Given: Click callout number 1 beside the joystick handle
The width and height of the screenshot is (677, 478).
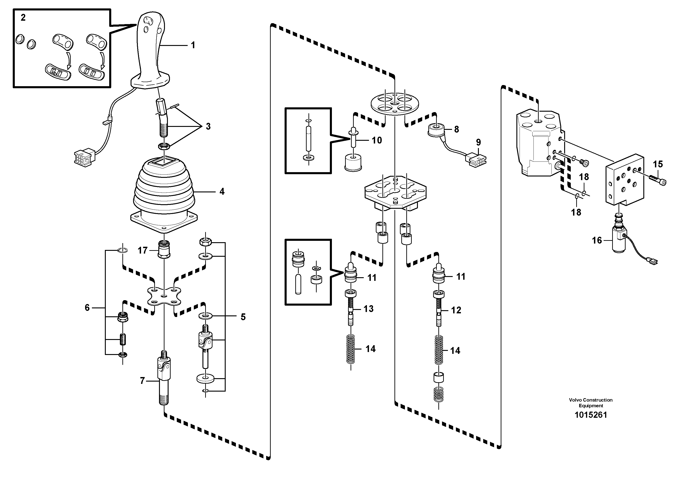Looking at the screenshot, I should (193, 45).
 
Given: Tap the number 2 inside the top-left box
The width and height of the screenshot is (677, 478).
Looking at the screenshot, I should (23, 18).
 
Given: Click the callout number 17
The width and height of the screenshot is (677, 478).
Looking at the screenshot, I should (143, 251).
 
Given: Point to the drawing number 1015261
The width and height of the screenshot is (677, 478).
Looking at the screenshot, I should (591, 415).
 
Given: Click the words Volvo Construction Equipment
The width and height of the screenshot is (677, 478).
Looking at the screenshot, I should (591, 403).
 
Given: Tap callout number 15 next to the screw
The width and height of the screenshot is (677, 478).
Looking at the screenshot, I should (658, 164).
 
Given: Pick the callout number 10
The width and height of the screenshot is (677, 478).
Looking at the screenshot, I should (376, 140).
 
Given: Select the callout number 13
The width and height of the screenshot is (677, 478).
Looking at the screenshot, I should (369, 309).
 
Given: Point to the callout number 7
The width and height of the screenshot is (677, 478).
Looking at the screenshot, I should (142, 381).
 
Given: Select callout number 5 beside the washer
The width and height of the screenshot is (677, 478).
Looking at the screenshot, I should (243, 317).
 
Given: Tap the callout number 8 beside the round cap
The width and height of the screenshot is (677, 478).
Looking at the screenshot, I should (456, 129).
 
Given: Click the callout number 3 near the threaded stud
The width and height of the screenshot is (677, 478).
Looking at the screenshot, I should (208, 126).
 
